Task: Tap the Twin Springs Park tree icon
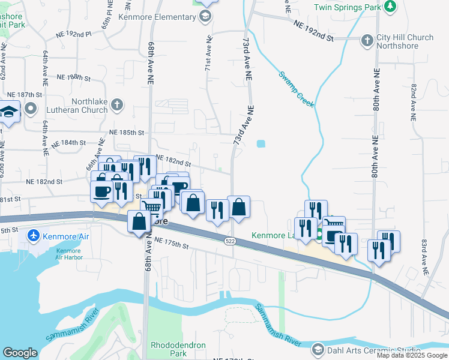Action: pos(391,7)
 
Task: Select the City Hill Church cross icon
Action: pos(367,41)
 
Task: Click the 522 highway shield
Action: pos(230,241)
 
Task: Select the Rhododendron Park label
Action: pos(178,349)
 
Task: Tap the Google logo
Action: pos(20,353)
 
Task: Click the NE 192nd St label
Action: pos(313,30)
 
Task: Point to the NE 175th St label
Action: pos(171,243)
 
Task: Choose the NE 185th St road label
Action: pos(127,132)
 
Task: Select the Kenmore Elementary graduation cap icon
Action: pos(205,16)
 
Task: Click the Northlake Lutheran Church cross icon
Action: pos(116,106)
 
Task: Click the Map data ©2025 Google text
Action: pos(412,355)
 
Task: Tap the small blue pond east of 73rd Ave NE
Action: pos(261,144)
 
